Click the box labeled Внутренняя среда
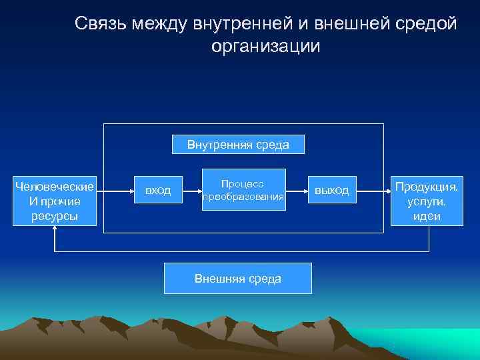(x=238, y=145)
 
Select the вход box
(x=158, y=191)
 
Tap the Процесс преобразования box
(x=243, y=190)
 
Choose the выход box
(x=331, y=191)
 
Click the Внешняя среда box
(x=237, y=279)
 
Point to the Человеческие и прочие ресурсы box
(x=55, y=201)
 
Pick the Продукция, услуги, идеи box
(x=427, y=201)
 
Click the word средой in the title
(x=427, y=23)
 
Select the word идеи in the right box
(x=427, y=216)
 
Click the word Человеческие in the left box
(x=55, y=186)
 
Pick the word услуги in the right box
(x=427, y=201)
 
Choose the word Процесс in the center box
(x=243, y=183)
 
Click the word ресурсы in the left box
(x=55, y=216)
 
